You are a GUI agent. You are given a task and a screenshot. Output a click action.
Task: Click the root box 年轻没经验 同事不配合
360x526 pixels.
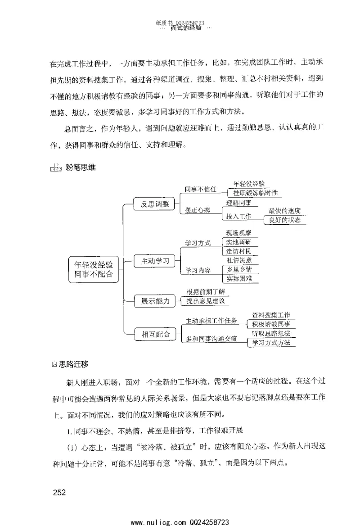(x=94, y=269)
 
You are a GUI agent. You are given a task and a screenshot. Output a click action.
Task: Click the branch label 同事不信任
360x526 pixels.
(x=201, y=189)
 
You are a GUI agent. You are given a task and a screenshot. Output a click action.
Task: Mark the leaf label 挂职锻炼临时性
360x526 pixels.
(x=255, y=193)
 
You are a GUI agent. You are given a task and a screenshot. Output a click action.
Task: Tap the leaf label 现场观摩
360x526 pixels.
(x=242, y=233)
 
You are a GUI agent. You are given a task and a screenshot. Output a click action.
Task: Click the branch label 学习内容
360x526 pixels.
(x=198, y=270)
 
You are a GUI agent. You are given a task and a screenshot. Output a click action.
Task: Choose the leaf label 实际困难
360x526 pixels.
(x=242, y=279)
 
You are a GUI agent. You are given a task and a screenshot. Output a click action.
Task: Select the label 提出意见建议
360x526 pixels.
(x=205, y=300)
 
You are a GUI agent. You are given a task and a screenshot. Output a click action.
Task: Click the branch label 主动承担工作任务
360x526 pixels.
(x=211, y=321)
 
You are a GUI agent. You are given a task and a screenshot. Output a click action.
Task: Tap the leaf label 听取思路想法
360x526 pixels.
(x=271, y=333)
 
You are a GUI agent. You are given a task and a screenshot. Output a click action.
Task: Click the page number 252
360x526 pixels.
(x=59, y=492)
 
